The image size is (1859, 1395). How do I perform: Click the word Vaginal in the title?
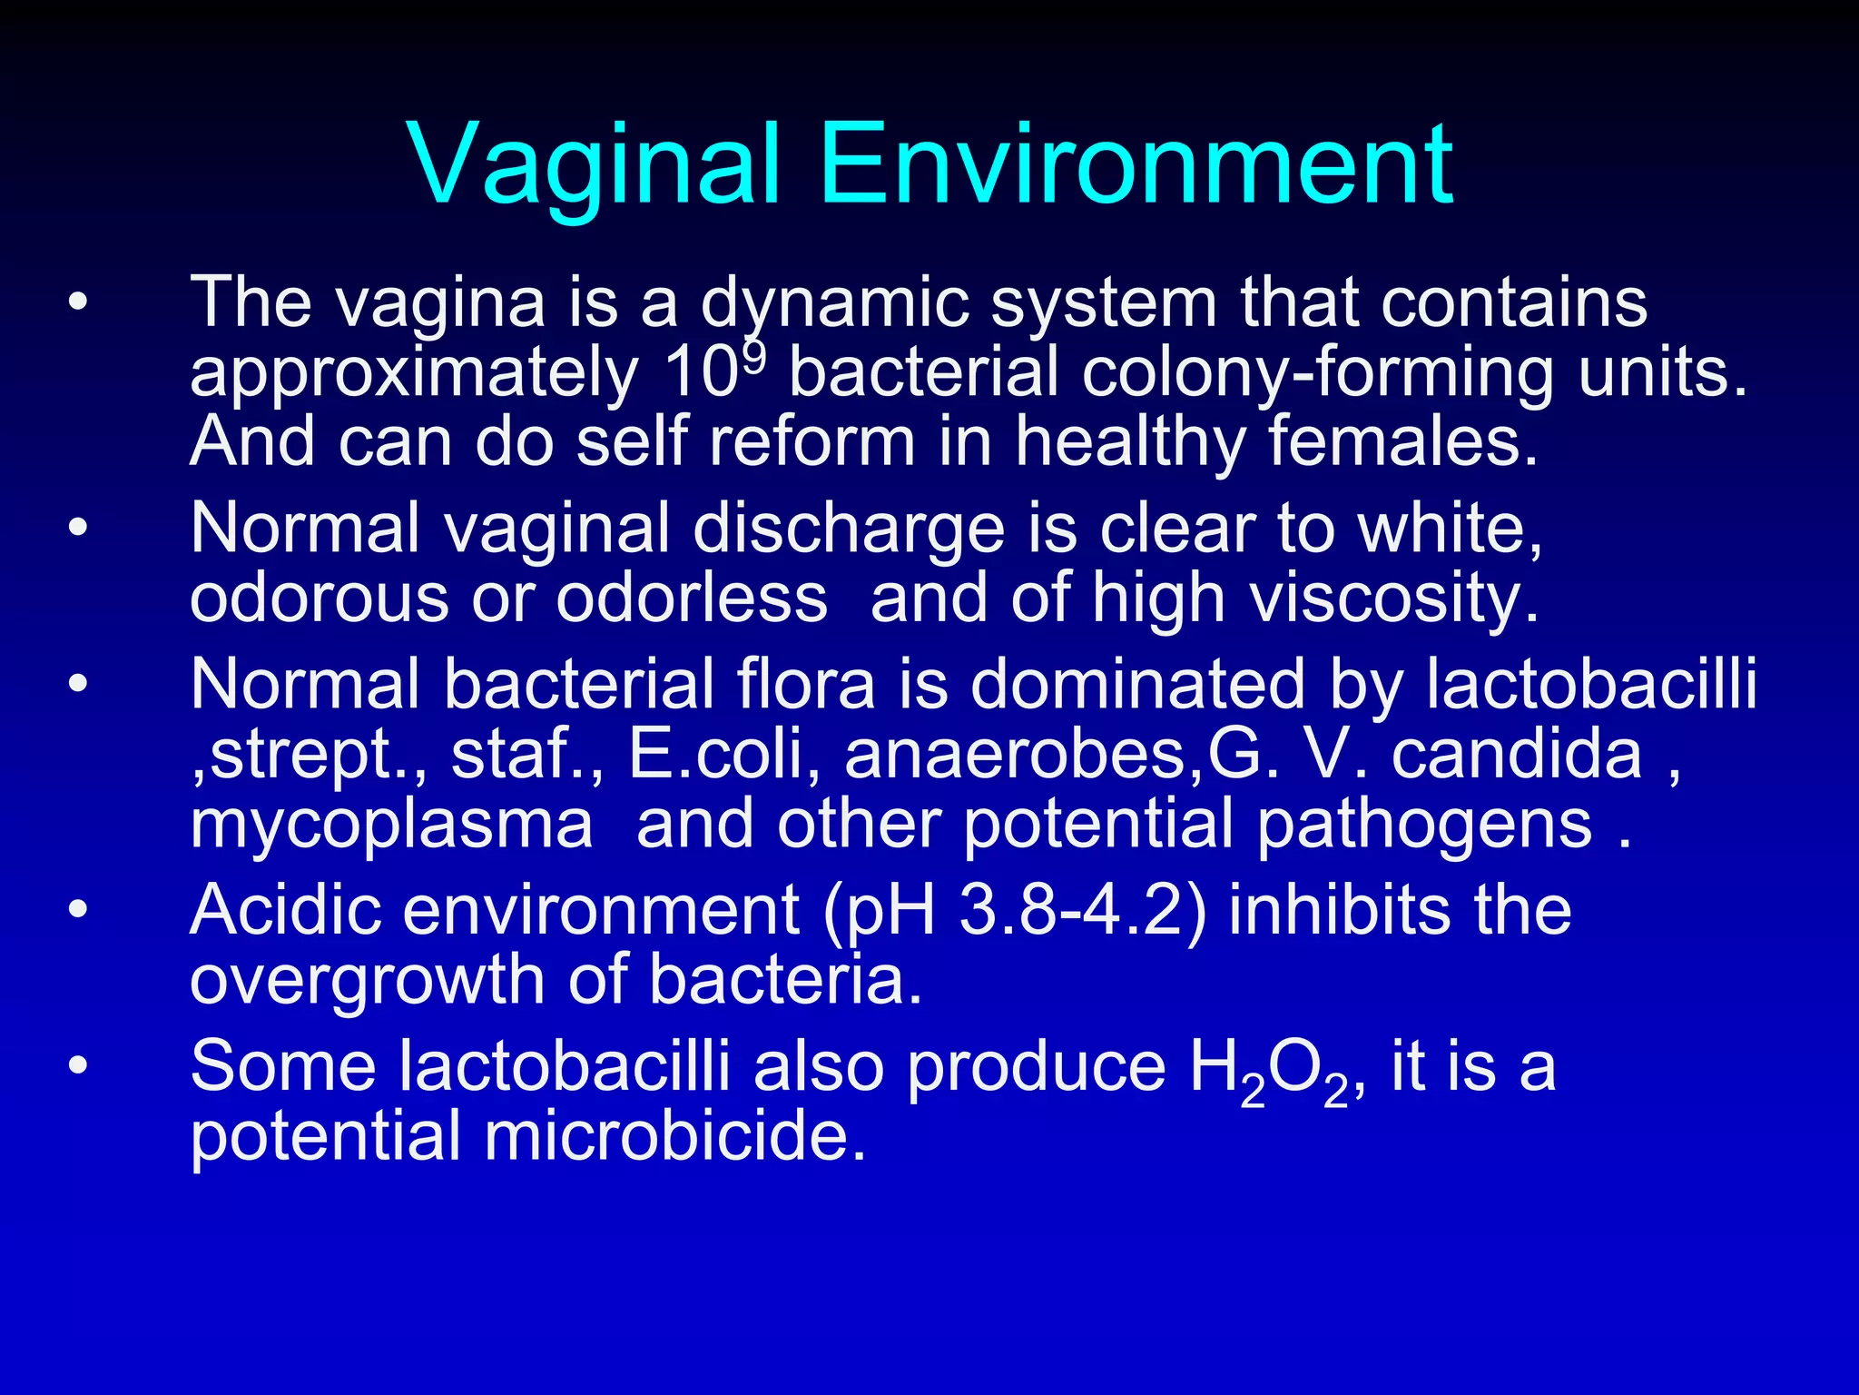click(x=595, y=165)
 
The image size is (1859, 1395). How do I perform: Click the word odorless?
click(x=691, y=599)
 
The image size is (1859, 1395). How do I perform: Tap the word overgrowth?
click(x=368, y=981)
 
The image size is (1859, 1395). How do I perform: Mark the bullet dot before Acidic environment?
click(x=78, y=909)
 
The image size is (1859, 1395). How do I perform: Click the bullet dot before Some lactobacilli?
click(x=78, y=1065)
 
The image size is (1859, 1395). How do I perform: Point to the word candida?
click(x=1517, y=755)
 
